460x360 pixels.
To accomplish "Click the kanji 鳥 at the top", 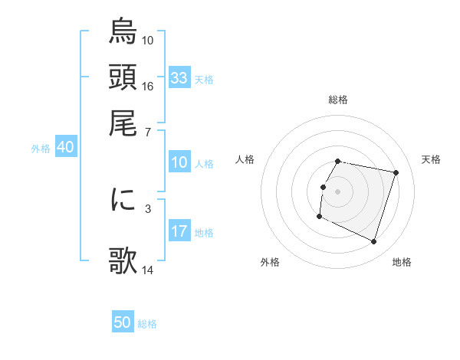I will point(123,33).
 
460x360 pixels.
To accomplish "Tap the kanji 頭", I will point(123,77).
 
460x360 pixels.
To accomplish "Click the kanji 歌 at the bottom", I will point(123,260).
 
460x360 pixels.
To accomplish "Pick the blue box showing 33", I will point(179,77).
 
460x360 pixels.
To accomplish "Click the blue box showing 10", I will point(179,162).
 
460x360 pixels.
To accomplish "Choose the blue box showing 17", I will point(179,231).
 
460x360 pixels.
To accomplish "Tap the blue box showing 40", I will point(65,148).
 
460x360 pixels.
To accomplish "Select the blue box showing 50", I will point(123,322).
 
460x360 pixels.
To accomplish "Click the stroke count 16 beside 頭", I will point(148,86).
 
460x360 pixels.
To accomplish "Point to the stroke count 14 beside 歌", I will point(148,270).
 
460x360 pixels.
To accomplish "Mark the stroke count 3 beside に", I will point(148,208).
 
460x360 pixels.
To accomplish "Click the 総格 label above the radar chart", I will point(338,100).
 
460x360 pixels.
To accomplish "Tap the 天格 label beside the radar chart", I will point(432,159).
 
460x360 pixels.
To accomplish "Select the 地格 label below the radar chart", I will point(402,262).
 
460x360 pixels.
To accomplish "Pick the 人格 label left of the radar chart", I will point(245,159).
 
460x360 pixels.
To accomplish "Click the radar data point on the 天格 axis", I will point(396,173).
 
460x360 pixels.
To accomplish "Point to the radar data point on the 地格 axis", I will point(373,241).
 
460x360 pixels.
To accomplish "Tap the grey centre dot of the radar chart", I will point(338,191).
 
